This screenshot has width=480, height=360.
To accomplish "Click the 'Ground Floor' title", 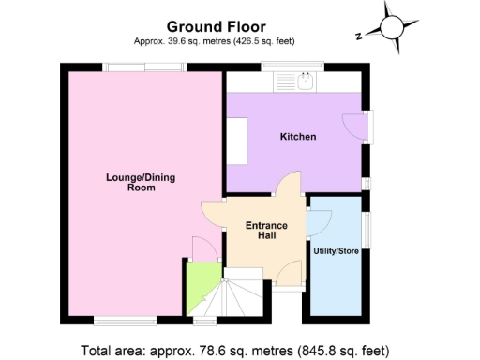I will pos(215,26).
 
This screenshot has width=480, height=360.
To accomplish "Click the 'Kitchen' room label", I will pos(298,138).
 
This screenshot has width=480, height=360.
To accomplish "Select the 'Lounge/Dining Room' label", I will pos(128,181).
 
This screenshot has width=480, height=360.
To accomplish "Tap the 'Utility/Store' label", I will pos(336,251).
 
